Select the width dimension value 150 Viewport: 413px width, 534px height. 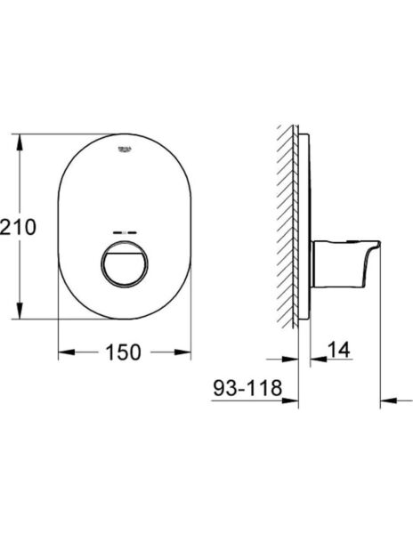pyautogui.click(x=124, y=353)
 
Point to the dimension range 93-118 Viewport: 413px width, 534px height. pyautogui.click(x=247, y=388)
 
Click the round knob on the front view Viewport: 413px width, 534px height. pyautogui.click(x=124, y=264)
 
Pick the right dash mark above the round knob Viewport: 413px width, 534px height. pyautogui.click(x=132, y=232)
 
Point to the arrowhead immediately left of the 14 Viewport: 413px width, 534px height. pyautogui.click(x=314, y=361)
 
